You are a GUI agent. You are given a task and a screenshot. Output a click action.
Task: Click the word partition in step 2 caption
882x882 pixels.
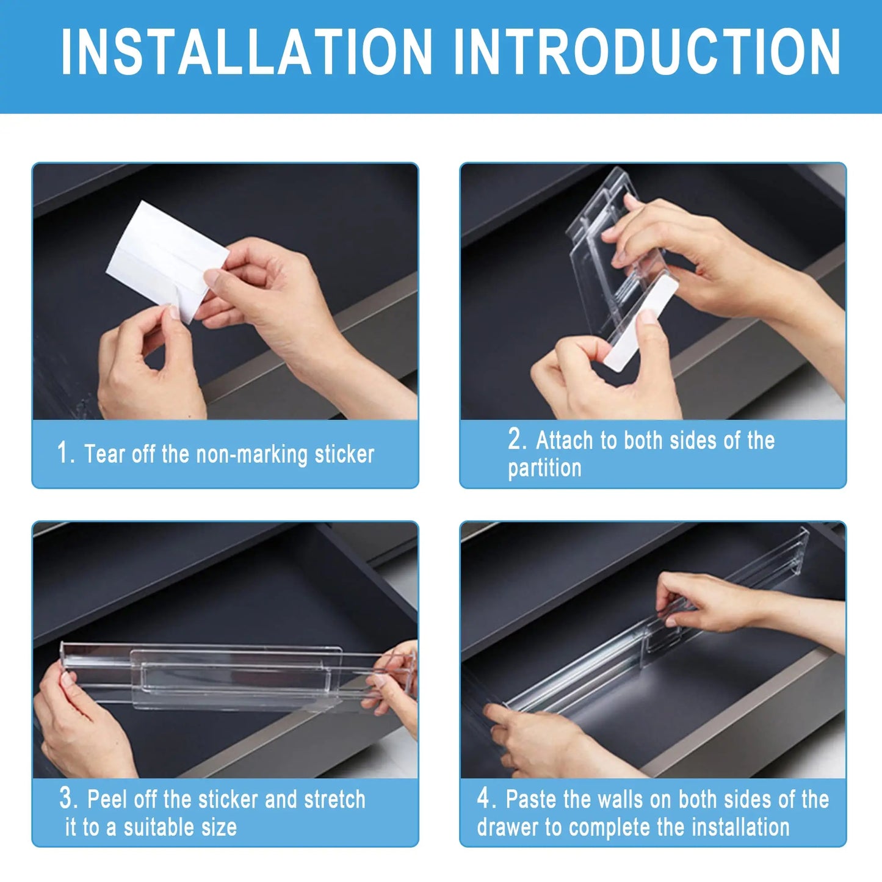tap(544, 468)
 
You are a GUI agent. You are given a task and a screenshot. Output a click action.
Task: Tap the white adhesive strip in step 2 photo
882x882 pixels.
tap(641, 324)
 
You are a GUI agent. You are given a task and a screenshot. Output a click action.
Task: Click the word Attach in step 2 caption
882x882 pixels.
tap(565, 439)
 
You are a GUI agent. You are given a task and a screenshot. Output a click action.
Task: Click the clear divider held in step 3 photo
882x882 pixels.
tap(232, 678)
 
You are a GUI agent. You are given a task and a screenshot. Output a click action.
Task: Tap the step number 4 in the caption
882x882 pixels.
tap(484, 798)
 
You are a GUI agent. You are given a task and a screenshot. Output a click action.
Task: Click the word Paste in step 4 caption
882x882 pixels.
tap(531, 799)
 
